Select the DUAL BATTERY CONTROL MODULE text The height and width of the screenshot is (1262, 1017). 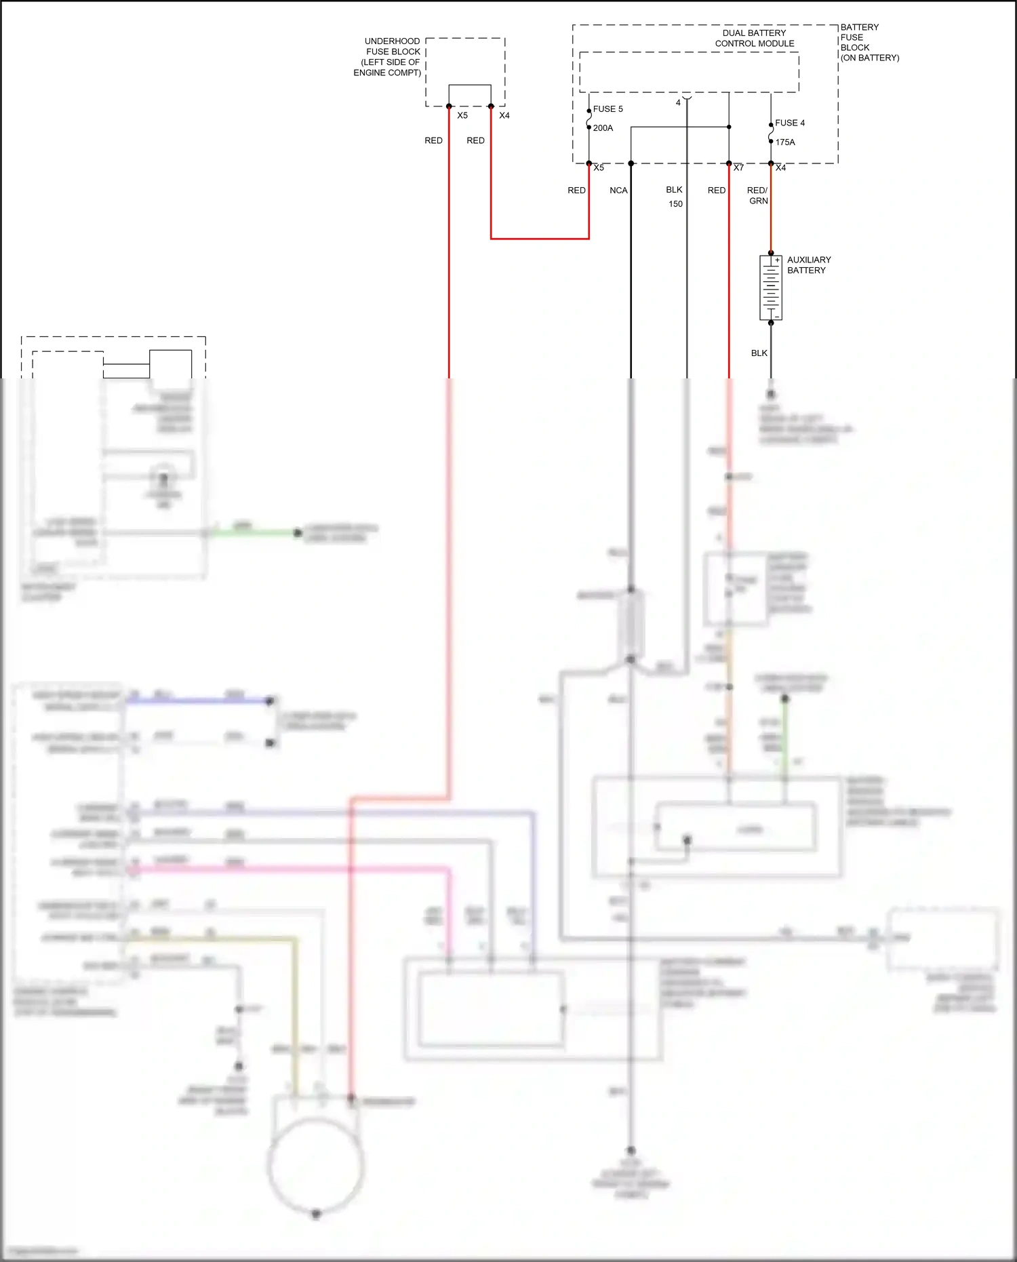[x=754, y=38]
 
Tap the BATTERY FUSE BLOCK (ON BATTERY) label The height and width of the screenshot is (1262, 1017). [x=869, y=43]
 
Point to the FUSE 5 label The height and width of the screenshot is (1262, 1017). [x=607, y=109]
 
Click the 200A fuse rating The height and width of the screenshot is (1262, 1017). [x=603, y=128]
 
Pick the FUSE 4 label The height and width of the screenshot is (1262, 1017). [x=790, y=123]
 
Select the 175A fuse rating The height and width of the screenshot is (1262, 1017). [x=785, y=142]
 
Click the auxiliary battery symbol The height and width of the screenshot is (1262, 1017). [x=771, y=288]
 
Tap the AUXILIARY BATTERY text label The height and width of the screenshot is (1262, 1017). [x=808, y=265]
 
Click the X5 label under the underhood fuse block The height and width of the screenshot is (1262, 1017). [x=462, y=116]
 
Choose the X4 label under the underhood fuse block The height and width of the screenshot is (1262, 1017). [x=504, y=116]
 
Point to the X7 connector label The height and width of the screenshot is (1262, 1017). [x=738, y=167]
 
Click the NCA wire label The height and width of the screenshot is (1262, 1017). [x=618, y=191]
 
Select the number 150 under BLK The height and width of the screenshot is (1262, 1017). [x=675, y=204]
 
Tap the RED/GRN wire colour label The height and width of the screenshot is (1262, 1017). [x=757, y=196]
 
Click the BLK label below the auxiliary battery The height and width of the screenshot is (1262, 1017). [x=759, y=353]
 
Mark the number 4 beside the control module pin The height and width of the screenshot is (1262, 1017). [x=678, y=103]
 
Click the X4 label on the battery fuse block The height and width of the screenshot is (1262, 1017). [x=781, y=167]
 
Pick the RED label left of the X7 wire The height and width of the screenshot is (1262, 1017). [x=716, y=191]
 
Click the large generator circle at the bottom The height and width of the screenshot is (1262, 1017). [x=316, y=1166]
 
